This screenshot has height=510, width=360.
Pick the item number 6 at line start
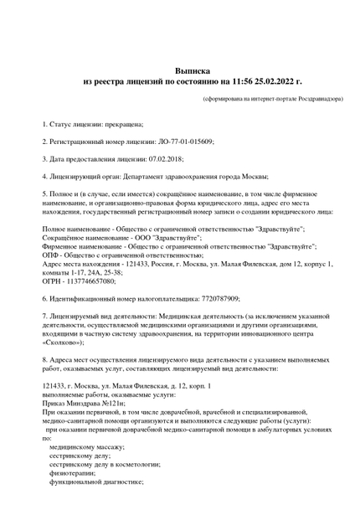(44, 298)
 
